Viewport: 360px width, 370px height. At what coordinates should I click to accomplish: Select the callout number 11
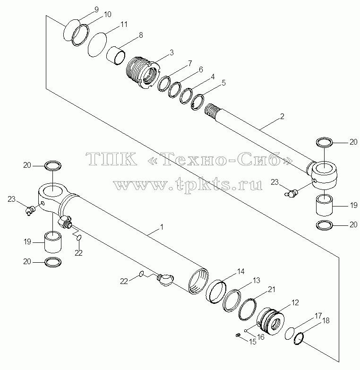coord(124,24)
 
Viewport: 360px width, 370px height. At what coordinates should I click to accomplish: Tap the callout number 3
coord(172,52)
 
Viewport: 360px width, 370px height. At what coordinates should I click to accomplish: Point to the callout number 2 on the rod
coord(282,116)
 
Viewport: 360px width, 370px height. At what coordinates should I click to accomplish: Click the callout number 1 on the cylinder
coord(162,227)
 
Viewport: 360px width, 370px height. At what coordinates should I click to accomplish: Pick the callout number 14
coord(241,272)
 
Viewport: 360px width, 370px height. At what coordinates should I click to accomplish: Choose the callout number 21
coord(272,289)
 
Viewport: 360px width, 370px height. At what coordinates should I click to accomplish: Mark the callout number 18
coord(326,321)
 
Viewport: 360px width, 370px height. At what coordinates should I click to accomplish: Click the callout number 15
coord(253,342)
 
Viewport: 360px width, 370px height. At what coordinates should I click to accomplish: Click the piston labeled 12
coord(270,321)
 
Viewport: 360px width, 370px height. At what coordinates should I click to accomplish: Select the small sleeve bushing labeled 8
coord(116,55)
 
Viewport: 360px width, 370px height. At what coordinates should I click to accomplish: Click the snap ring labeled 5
coord(197,102)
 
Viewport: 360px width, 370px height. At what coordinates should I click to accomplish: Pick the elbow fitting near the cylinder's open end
coord(165,280)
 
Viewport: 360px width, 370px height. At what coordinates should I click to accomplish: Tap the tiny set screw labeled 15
coord(238,335)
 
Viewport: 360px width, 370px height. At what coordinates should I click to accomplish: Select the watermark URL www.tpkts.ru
coord(188,185)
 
